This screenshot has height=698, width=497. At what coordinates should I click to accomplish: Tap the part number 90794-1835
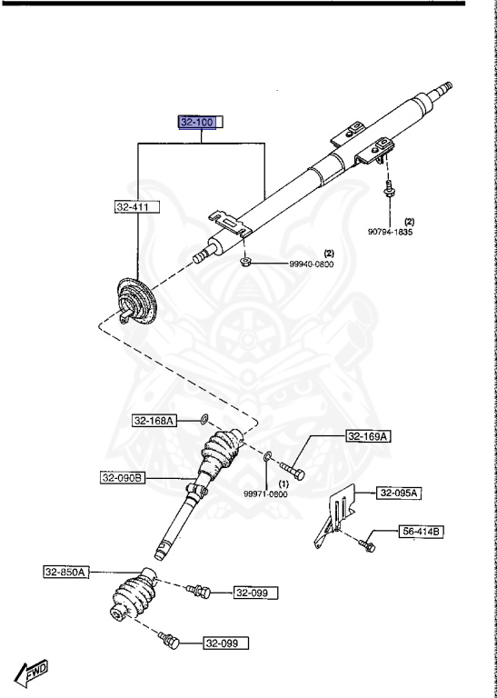[x=391, y=232]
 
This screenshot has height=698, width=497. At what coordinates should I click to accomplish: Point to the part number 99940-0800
[x=288, y=264]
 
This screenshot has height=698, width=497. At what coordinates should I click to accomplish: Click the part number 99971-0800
[x=265, y=494]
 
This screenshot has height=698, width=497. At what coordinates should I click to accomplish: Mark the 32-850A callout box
[x=65, y=572]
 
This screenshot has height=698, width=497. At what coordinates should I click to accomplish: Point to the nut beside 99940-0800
[x=245, y=263]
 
